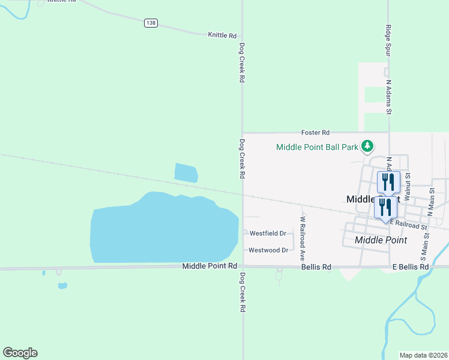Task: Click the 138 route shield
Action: [x=151, y=23]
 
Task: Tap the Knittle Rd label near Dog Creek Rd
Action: [x=222, y=35]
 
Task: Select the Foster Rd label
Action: [x=316, y=133]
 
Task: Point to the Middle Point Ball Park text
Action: [x=317, y=147]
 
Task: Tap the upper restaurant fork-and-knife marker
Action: [x=388, y=181]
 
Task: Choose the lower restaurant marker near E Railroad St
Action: [x=385, y=207]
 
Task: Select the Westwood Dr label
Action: [x=268, y=250]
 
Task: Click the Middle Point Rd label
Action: [x=209, y=266]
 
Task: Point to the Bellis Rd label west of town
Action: [x=316, y=266]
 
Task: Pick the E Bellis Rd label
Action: [x=411, y=266]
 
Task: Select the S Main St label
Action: [x=424, y=237]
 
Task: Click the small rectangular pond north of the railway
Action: [x=186, y=173]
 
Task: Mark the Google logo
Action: [x=20, y=353]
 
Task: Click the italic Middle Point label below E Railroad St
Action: [x=381, y=240]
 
